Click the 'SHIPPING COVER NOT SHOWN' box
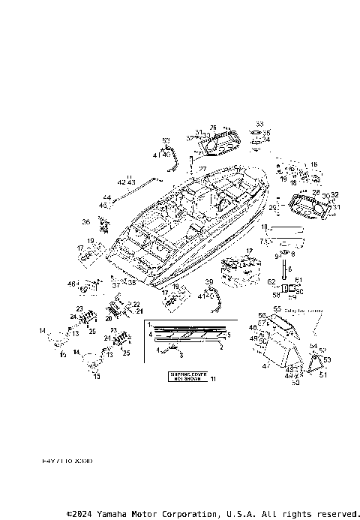tap(180, 377)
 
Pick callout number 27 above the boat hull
tap(202, 170)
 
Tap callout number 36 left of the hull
tap(86, 221)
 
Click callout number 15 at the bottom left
tap(96, 377)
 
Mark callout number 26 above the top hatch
tap(214, 128)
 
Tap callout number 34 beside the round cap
tap(265, 140)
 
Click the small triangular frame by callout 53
tap(316, 363)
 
